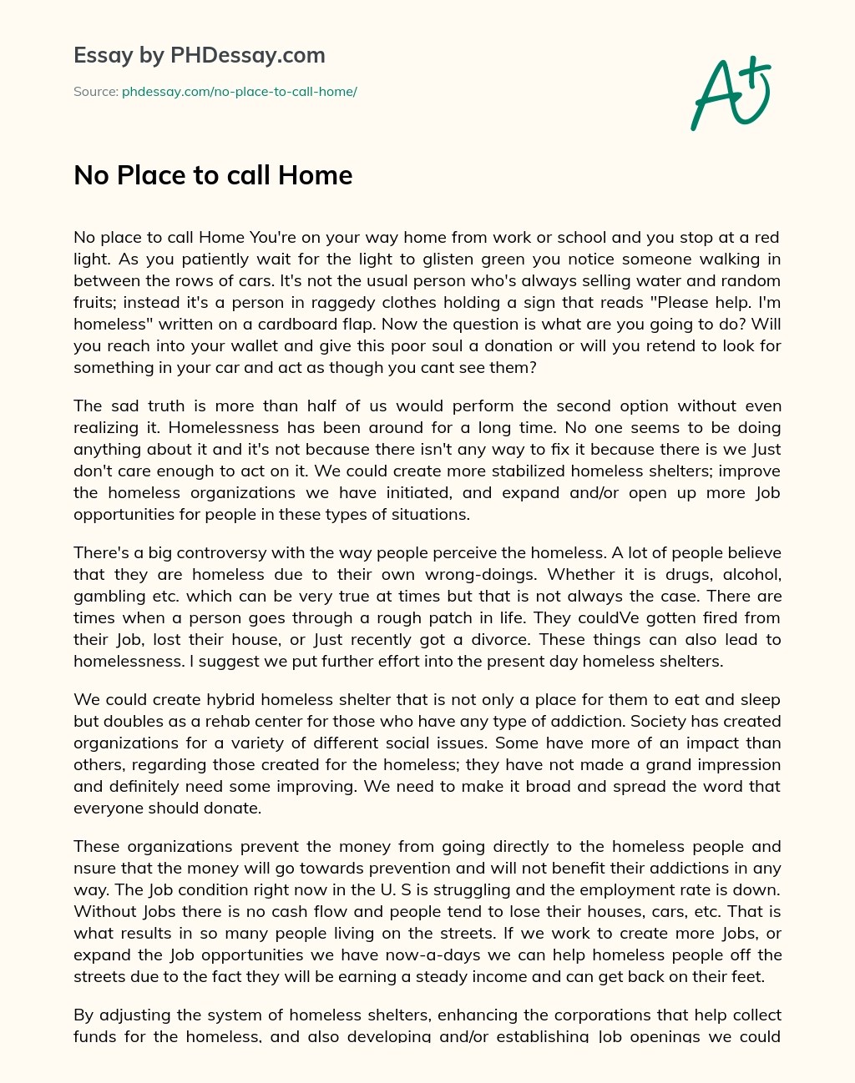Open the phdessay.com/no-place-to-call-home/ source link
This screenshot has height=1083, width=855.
[x=240, y=92]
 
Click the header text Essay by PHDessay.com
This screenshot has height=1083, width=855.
[x=200, y=55]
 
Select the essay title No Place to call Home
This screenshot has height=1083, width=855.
[x=213, y=175]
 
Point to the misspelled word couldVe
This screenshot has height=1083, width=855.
[x=571, y=617]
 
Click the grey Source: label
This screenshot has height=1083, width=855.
[x=95, y=92]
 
